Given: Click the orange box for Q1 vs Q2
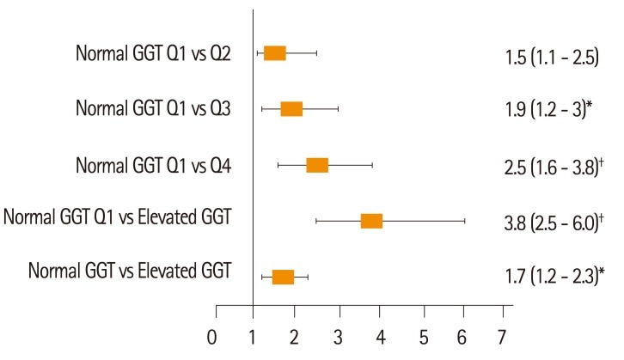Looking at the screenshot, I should (275, 53).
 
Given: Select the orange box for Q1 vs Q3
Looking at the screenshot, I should (291, 109).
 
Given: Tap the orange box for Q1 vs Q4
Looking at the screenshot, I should (317, 165).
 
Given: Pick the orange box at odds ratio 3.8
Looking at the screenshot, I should (371, 221).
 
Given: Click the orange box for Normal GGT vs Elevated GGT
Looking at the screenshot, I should (283, 277).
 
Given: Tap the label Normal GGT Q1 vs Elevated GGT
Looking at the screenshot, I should (118, 217).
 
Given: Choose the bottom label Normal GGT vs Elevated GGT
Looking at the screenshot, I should (130, 272).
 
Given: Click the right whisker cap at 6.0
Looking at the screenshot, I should (465, 221).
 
